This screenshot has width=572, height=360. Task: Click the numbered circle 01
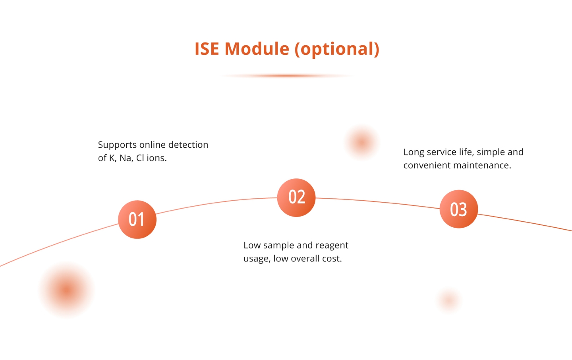click(x=137, y=219)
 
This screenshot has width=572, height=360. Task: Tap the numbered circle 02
click(x=296, y=197)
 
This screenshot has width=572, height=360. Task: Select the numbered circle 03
click(x=459, y=209)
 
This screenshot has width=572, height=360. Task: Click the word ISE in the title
click(x=207, y=48)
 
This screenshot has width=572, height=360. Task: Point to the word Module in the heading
click(x=257, y=48)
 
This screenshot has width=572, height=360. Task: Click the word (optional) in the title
click(x=337, y=49)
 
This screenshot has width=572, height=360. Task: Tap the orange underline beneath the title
click(x=287, y=75)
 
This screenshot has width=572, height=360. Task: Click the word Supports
click(x=118, y=145)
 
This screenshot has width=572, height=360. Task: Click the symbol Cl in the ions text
click(x=140, y=158)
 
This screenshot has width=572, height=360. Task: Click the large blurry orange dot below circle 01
click(x=67, y=290)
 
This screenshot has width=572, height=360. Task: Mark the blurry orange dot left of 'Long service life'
click(x=361, y=142)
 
